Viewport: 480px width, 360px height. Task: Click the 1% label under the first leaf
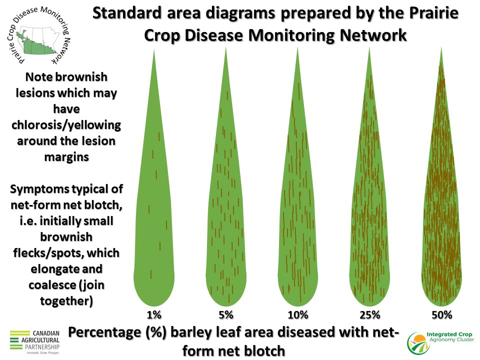pos(154,314)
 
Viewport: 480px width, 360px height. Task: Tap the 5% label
pos(226,314)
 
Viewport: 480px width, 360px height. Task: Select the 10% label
pos(298,314)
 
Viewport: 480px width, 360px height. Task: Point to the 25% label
pos(370,314)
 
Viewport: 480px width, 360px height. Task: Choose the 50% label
pos(441,314)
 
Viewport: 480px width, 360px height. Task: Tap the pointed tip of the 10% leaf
pos(297,47)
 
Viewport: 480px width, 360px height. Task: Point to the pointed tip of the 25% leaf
pos(369,47)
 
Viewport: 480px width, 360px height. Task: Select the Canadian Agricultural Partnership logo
pos(34,342)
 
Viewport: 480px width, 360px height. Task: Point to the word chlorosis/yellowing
pos(66,125)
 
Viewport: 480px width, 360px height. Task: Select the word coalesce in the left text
pos(52,285)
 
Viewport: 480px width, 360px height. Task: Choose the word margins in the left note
pos(66,157)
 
